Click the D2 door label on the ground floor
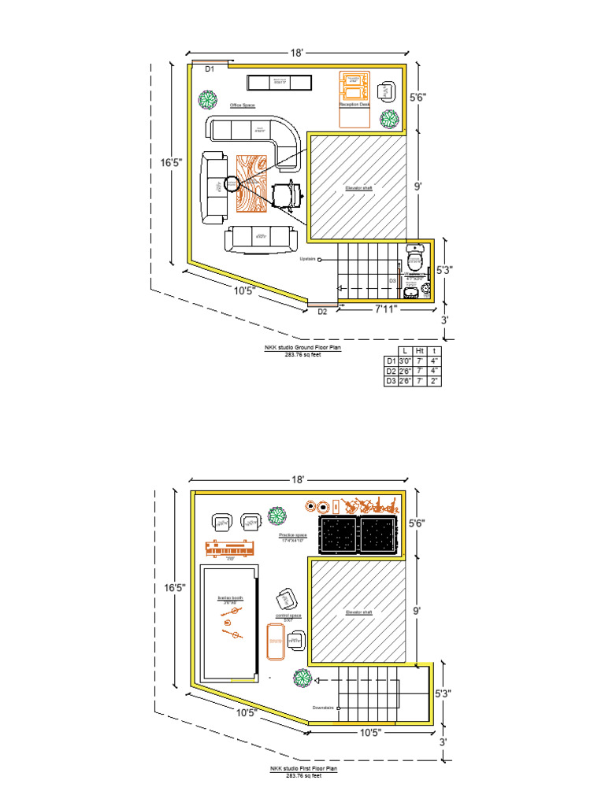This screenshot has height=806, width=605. (x=322, y=312)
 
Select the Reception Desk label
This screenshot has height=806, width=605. (x=354, y=104)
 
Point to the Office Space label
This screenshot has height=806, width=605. (x=243, y=105)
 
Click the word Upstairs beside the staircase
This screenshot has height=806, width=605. (x=308, y=258)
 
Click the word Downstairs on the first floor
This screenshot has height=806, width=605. (x=324, y=707)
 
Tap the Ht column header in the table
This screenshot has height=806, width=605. (x=420, y=350)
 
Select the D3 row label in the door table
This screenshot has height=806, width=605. (x=389, y=381)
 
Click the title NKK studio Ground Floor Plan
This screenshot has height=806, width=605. (x=302, y=346)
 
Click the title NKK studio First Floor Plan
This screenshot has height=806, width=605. (x=302, y=769)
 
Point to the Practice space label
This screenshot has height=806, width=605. (x=293, y=535)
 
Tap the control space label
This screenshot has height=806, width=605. (x=288, y=616)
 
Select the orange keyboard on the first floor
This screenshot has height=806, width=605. (x=231, y=547)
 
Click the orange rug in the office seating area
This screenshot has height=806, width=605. (x=252, y=183)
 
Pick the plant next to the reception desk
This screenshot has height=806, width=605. (x=389, y=119)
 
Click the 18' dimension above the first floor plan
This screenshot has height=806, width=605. (x=297, y=479)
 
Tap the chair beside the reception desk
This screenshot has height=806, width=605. (x=386, y=91)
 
